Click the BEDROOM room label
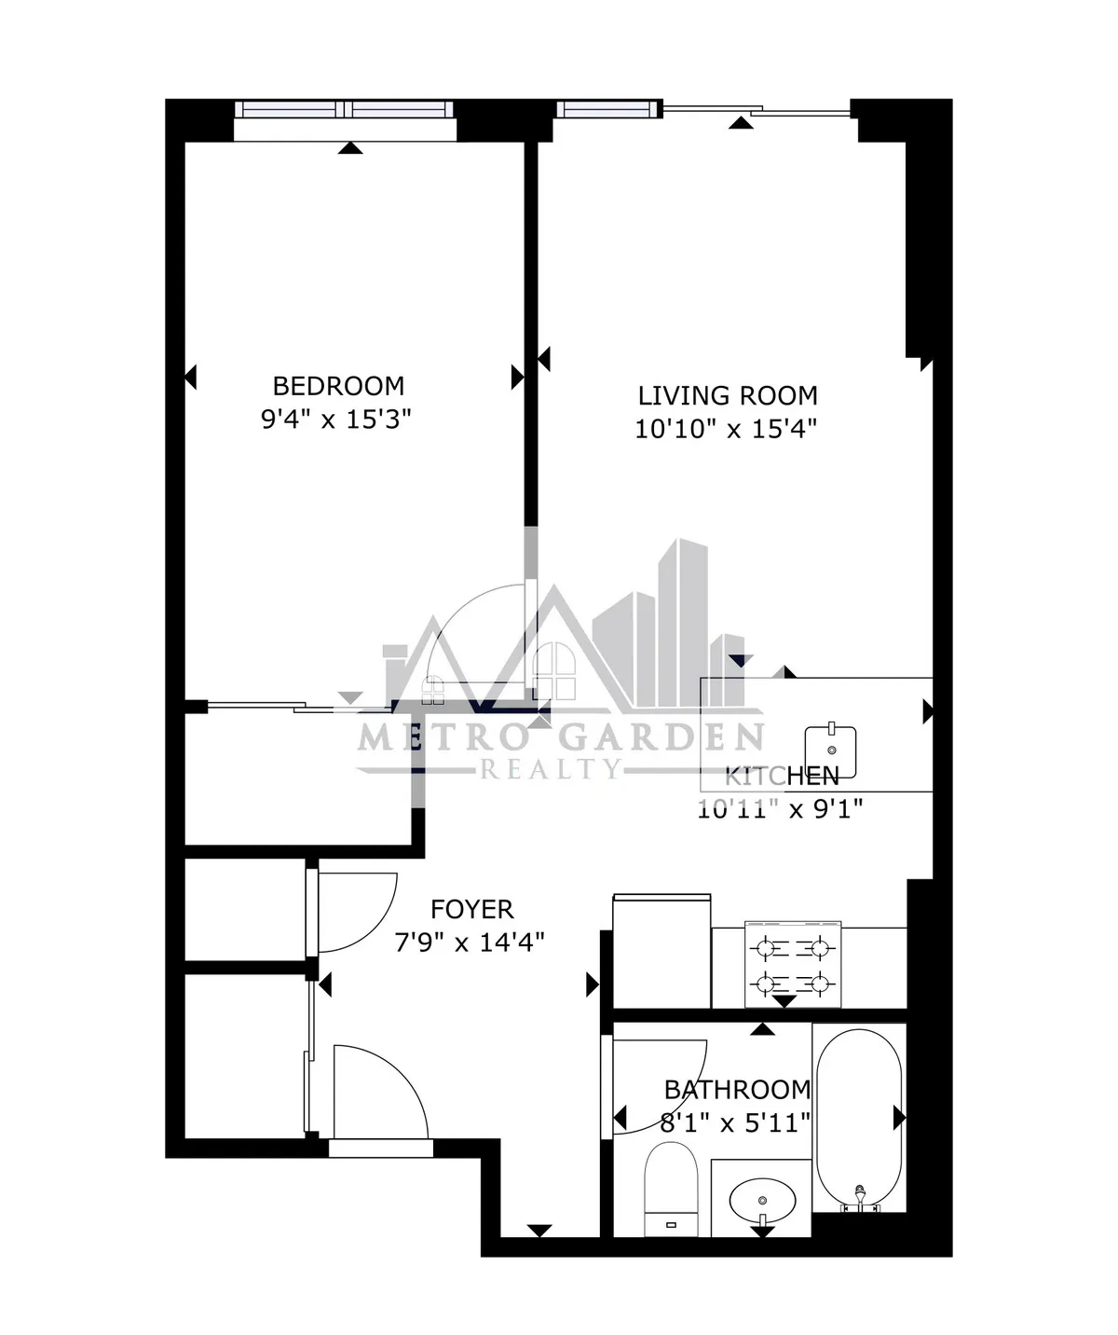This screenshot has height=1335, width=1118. (338, 385)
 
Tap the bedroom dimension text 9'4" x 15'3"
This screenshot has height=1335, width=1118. (336, 419)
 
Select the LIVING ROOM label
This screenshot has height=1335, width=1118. (728, 395)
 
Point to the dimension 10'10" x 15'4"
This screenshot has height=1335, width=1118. (726, 429)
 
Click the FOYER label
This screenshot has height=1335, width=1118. (471, 909)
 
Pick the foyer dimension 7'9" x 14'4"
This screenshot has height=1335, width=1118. (470, 943)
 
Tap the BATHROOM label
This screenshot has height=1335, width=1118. (737, 1089)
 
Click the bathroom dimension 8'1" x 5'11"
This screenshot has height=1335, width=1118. (735, 1122)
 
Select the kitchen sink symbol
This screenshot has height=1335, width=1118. (831, 751)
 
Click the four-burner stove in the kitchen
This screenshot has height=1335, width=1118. (793, 965)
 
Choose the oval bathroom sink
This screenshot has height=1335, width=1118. (762, 1197)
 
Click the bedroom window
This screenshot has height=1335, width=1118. (345, 109)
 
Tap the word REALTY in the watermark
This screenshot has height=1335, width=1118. (550, 769)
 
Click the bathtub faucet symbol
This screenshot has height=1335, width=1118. (860, 1194)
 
